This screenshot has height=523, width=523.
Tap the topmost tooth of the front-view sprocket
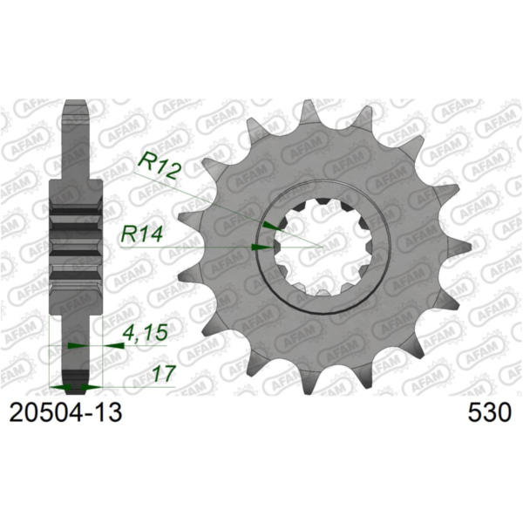(308, 111)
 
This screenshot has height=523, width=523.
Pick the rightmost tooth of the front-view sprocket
(455, 246)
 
